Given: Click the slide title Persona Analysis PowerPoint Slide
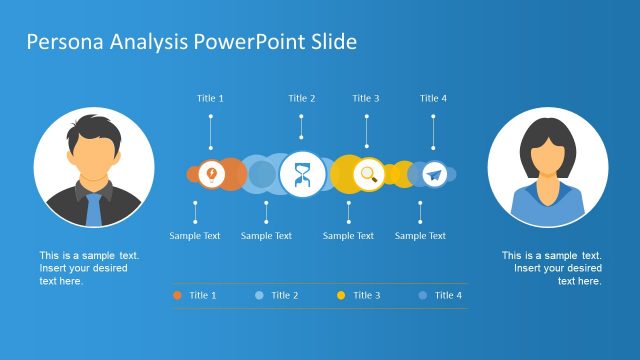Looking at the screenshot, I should point(191,42).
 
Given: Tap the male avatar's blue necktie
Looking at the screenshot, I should point(93,208).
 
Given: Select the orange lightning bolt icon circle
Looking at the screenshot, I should point(211,174).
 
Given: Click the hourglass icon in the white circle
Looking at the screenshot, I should point(301,174).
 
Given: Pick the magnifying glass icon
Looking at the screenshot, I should point(368,174).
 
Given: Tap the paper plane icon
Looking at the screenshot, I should point(433,175).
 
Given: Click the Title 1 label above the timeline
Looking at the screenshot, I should point(210,98).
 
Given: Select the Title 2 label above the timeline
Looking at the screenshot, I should point(302,98).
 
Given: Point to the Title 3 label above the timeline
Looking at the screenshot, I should point(366,98).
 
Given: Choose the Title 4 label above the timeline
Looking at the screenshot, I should point(433,98).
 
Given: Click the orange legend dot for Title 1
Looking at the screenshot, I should point(177,295).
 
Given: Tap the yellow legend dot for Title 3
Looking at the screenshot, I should point(341,295).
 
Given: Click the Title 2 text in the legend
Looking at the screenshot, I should point(284,295).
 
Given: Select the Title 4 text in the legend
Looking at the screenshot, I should point(448,295).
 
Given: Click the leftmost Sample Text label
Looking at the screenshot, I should point(195,236).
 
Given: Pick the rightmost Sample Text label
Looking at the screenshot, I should point(420,236).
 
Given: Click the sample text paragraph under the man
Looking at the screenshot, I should point(89,268).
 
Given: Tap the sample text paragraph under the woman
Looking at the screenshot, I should point(552,268).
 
